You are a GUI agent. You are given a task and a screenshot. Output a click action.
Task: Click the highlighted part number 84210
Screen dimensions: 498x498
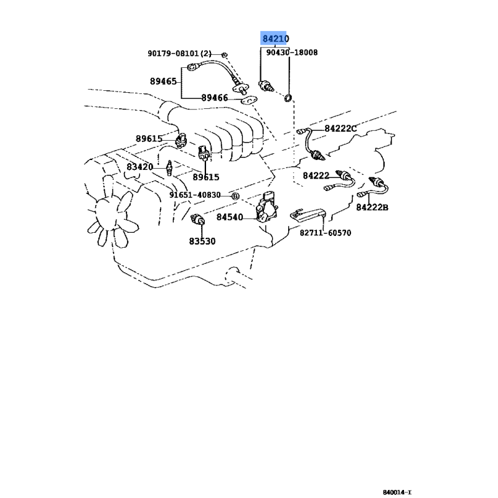pyautogui.click(x=275, y=39)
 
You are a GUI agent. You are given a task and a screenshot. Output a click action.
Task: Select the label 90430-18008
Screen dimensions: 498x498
pyautogui.click(x=291, y=52)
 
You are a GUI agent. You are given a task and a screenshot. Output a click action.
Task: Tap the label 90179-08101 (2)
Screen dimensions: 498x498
pyautogui.click(x=179, y=54)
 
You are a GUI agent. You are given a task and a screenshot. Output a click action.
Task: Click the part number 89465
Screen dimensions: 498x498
pyautogui.click(x=163, y=82)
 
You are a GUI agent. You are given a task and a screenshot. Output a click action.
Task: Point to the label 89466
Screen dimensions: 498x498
pyautogui.click(x=215, y=98)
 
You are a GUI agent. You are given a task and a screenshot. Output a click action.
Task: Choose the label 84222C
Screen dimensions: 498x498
pyautogui.click(x=341, y=129)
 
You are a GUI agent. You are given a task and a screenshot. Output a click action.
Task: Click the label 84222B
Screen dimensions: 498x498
pyautogui.click(x=372, y=207)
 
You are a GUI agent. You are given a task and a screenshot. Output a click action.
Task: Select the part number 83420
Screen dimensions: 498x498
pyautogui.click(x=139, y=167)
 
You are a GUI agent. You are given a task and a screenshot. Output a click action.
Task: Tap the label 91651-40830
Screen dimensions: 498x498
pyautogui.click(x=195, y=195)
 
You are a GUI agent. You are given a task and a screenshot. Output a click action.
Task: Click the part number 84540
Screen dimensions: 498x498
pyautogui.click(x=230, y=217)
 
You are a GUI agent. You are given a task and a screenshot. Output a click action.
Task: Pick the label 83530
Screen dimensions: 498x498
pyautogui.click(x=202, y=242)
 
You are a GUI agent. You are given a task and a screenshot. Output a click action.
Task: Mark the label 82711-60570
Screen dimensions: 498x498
pyautogui.click(x=325, y=233)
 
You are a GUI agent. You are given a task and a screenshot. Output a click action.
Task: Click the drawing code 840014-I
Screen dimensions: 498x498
pyautogui.click(x=397, y=492)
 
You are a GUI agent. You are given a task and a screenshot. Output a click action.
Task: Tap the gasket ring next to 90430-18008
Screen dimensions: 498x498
pyautogui.click(x=288, y=98)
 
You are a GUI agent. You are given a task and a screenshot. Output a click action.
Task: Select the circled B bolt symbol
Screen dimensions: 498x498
pyautogui.click(x=235, y=196)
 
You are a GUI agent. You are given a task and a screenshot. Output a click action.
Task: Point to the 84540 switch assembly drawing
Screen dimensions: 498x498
pyautogui.click(x=267, y=207)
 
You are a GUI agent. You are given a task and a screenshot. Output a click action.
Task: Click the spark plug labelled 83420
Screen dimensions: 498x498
pyautogui.click(x=169, y=168)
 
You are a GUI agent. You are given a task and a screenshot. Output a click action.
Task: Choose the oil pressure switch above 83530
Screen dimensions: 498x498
pyautogui.click(x=197, y=219)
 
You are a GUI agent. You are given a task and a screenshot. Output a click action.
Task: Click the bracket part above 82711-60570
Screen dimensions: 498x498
pyautogui.click(x=308, y=214)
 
